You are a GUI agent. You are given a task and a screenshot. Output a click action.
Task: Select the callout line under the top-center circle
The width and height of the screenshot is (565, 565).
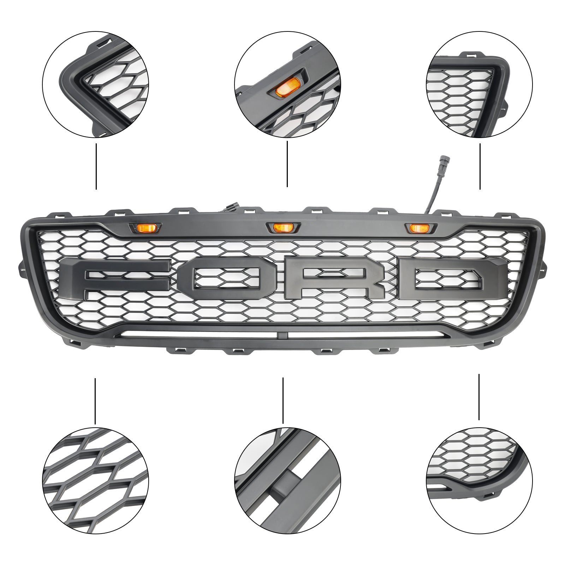287,164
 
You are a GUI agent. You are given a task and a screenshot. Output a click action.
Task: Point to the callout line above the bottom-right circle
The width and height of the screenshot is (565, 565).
479,397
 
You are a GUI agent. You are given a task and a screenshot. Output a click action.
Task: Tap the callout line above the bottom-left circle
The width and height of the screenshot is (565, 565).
95,401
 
